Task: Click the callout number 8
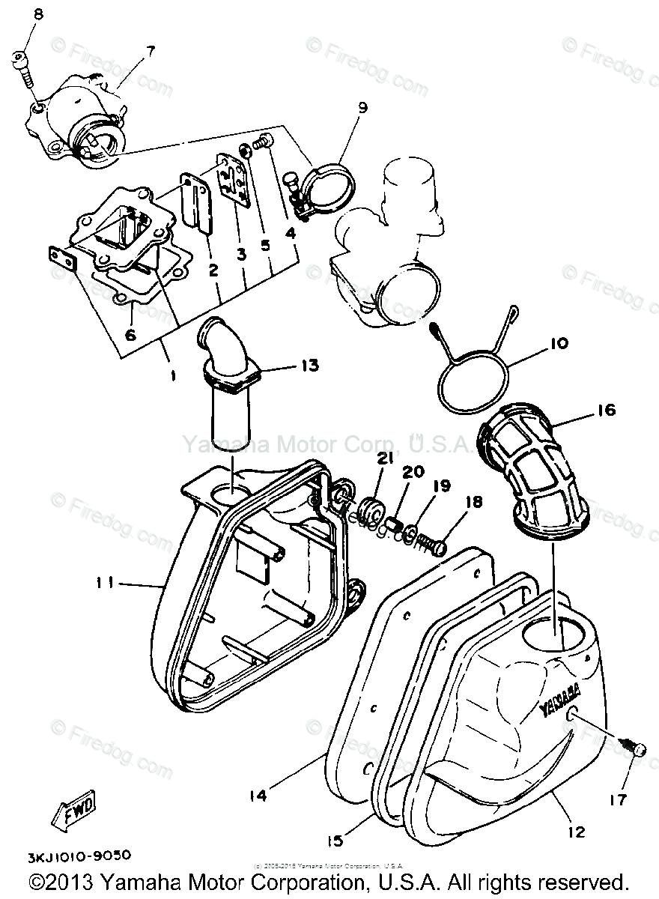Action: tap(38, 14)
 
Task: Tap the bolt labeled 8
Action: tap(22, 65)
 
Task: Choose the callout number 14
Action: tap(257, 796)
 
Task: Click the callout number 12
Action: tap(576, 832)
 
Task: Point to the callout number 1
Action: tap(171, 376)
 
